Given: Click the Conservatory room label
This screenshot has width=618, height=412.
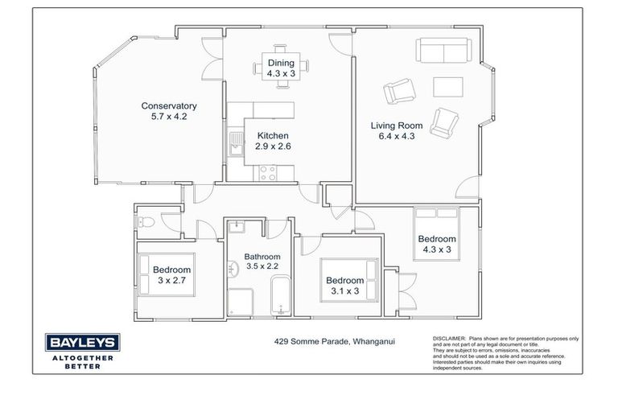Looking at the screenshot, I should (x=169, y=105).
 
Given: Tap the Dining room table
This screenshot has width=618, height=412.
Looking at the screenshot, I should (x=281, y=65).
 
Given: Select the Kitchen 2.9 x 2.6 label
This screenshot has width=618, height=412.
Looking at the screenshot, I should (x=273, y=142).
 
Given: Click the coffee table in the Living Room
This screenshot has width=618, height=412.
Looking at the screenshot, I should (x=447, y=87).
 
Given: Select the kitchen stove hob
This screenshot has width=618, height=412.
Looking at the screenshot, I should (x=266, y=171).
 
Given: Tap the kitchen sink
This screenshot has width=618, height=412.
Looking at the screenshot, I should (x=234, y=146).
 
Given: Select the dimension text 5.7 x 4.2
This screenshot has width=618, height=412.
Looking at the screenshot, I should (x=169, y=117).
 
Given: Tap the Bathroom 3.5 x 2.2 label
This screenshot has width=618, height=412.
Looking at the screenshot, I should (x=262, y=262).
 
